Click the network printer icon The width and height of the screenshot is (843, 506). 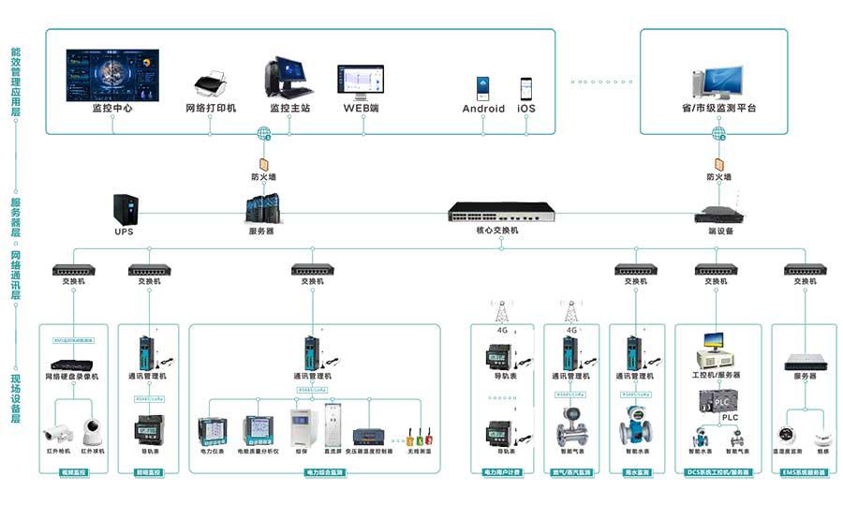point(210,84)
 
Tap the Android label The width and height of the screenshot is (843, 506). point(483,109)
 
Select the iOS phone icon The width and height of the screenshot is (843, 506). point(526,89)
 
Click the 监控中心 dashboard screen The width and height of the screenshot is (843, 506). point(111,74)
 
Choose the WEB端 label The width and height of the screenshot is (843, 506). point(361,108)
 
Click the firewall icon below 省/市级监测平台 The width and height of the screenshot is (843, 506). point(718,161)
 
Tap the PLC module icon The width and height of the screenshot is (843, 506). point(717,400)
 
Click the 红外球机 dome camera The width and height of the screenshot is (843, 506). point(92,432)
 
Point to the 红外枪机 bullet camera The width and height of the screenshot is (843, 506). point(56,432)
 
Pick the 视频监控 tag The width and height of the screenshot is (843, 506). point(72,472)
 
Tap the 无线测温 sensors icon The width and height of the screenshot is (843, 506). point(419,437)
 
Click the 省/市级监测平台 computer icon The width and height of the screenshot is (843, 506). point(717,82)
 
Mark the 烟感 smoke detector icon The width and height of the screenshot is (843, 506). point(822,437)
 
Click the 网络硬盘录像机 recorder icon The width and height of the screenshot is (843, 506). point(72,364)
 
